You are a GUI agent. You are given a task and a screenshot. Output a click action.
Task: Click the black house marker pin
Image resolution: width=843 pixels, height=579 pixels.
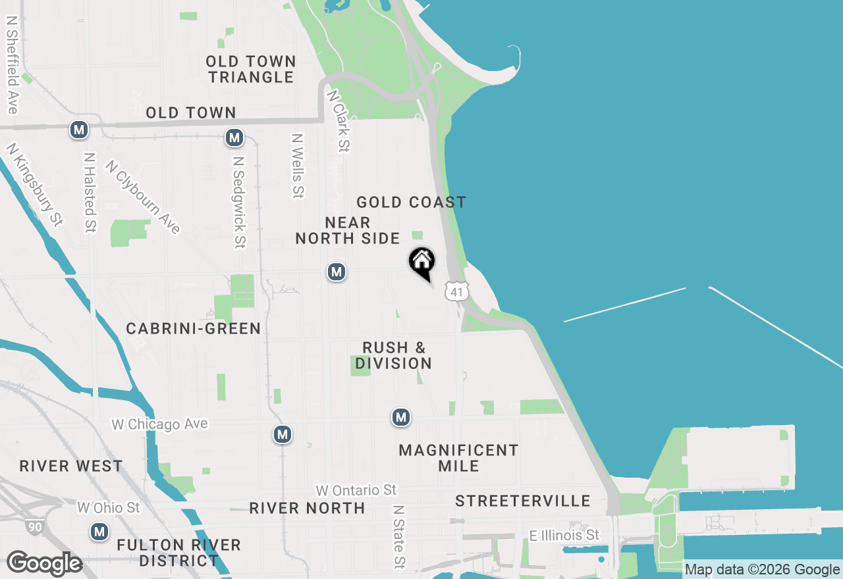pos(422,263)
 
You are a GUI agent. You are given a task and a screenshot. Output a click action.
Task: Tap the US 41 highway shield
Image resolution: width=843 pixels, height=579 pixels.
pos(456,291)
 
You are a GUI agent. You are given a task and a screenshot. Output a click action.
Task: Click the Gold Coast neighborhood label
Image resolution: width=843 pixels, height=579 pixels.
pos(411,202)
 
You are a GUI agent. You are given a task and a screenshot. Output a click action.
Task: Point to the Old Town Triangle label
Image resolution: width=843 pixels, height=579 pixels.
pos(251,69)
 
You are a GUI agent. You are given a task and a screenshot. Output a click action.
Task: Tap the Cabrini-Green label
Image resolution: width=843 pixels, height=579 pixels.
pos(194,328)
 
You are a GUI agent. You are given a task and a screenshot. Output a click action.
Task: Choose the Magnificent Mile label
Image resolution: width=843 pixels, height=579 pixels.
pos(458,458)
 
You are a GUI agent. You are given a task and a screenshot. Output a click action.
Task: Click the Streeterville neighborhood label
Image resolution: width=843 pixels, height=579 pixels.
pos(523,501)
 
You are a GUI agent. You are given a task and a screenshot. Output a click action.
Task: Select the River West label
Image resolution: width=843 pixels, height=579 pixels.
pos(71,466)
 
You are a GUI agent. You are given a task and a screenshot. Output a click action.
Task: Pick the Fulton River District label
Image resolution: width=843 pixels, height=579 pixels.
pos(178,553)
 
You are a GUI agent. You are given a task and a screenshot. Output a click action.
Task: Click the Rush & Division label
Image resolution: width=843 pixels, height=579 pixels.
pos(394,355)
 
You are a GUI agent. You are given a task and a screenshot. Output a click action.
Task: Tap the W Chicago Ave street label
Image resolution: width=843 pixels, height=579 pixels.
pos(159,424)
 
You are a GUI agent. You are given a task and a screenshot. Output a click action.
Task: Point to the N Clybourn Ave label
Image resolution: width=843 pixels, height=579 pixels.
pos(142,197)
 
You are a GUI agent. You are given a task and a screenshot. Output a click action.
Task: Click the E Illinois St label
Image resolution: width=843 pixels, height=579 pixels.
pos(564,535)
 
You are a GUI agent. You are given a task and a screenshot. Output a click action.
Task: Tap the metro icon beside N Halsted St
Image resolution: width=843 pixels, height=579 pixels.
pos(79,130)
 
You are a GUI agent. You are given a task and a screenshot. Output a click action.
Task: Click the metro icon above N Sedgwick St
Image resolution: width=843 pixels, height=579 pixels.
pos(234,138)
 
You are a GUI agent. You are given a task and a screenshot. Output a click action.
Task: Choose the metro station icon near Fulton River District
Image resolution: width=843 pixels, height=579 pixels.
pos(99,532)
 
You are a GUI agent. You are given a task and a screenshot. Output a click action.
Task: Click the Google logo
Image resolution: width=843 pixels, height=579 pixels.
pos(45,564)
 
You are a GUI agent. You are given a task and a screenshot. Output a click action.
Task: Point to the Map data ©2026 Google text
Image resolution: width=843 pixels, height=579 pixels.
pos(762,570)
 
